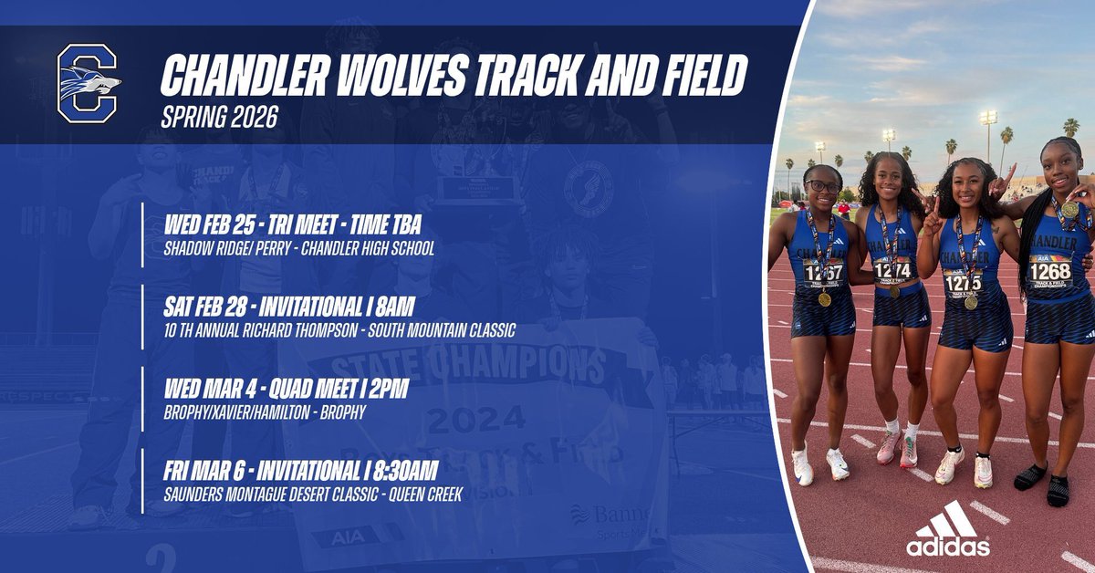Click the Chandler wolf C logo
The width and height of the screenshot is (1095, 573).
coord(88,84)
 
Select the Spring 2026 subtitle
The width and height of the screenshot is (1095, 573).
coord(219,119)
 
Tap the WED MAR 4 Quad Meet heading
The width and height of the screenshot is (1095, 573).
coord(284,390)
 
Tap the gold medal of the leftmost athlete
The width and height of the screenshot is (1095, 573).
coord(824,299)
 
